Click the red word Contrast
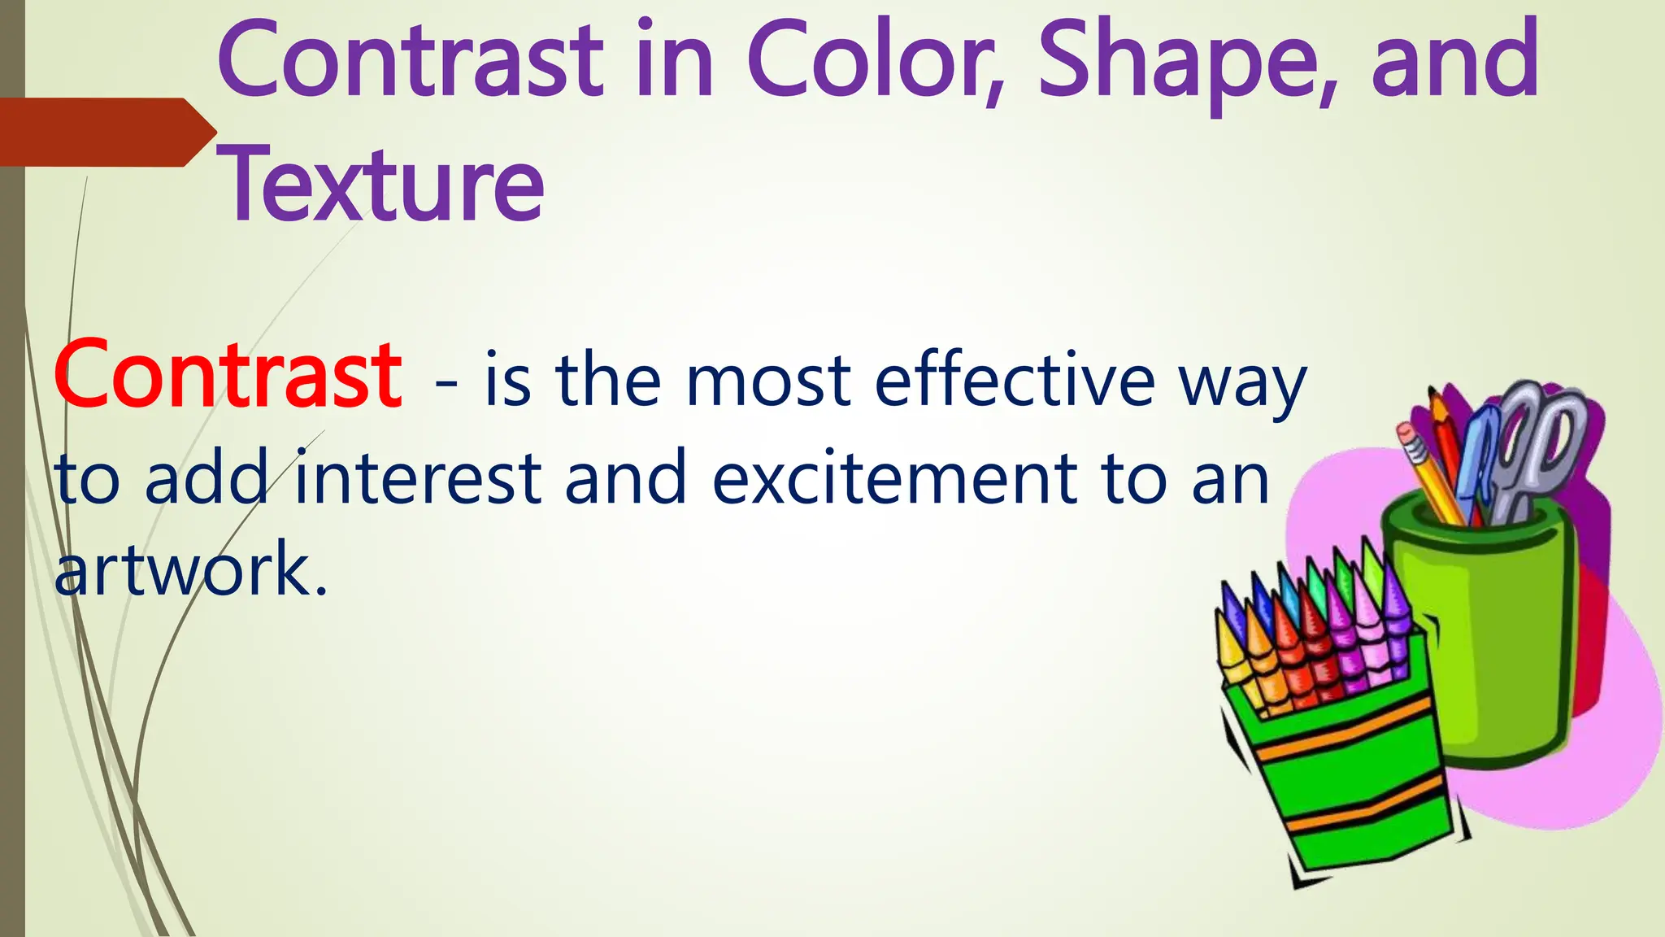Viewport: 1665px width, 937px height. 228,376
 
